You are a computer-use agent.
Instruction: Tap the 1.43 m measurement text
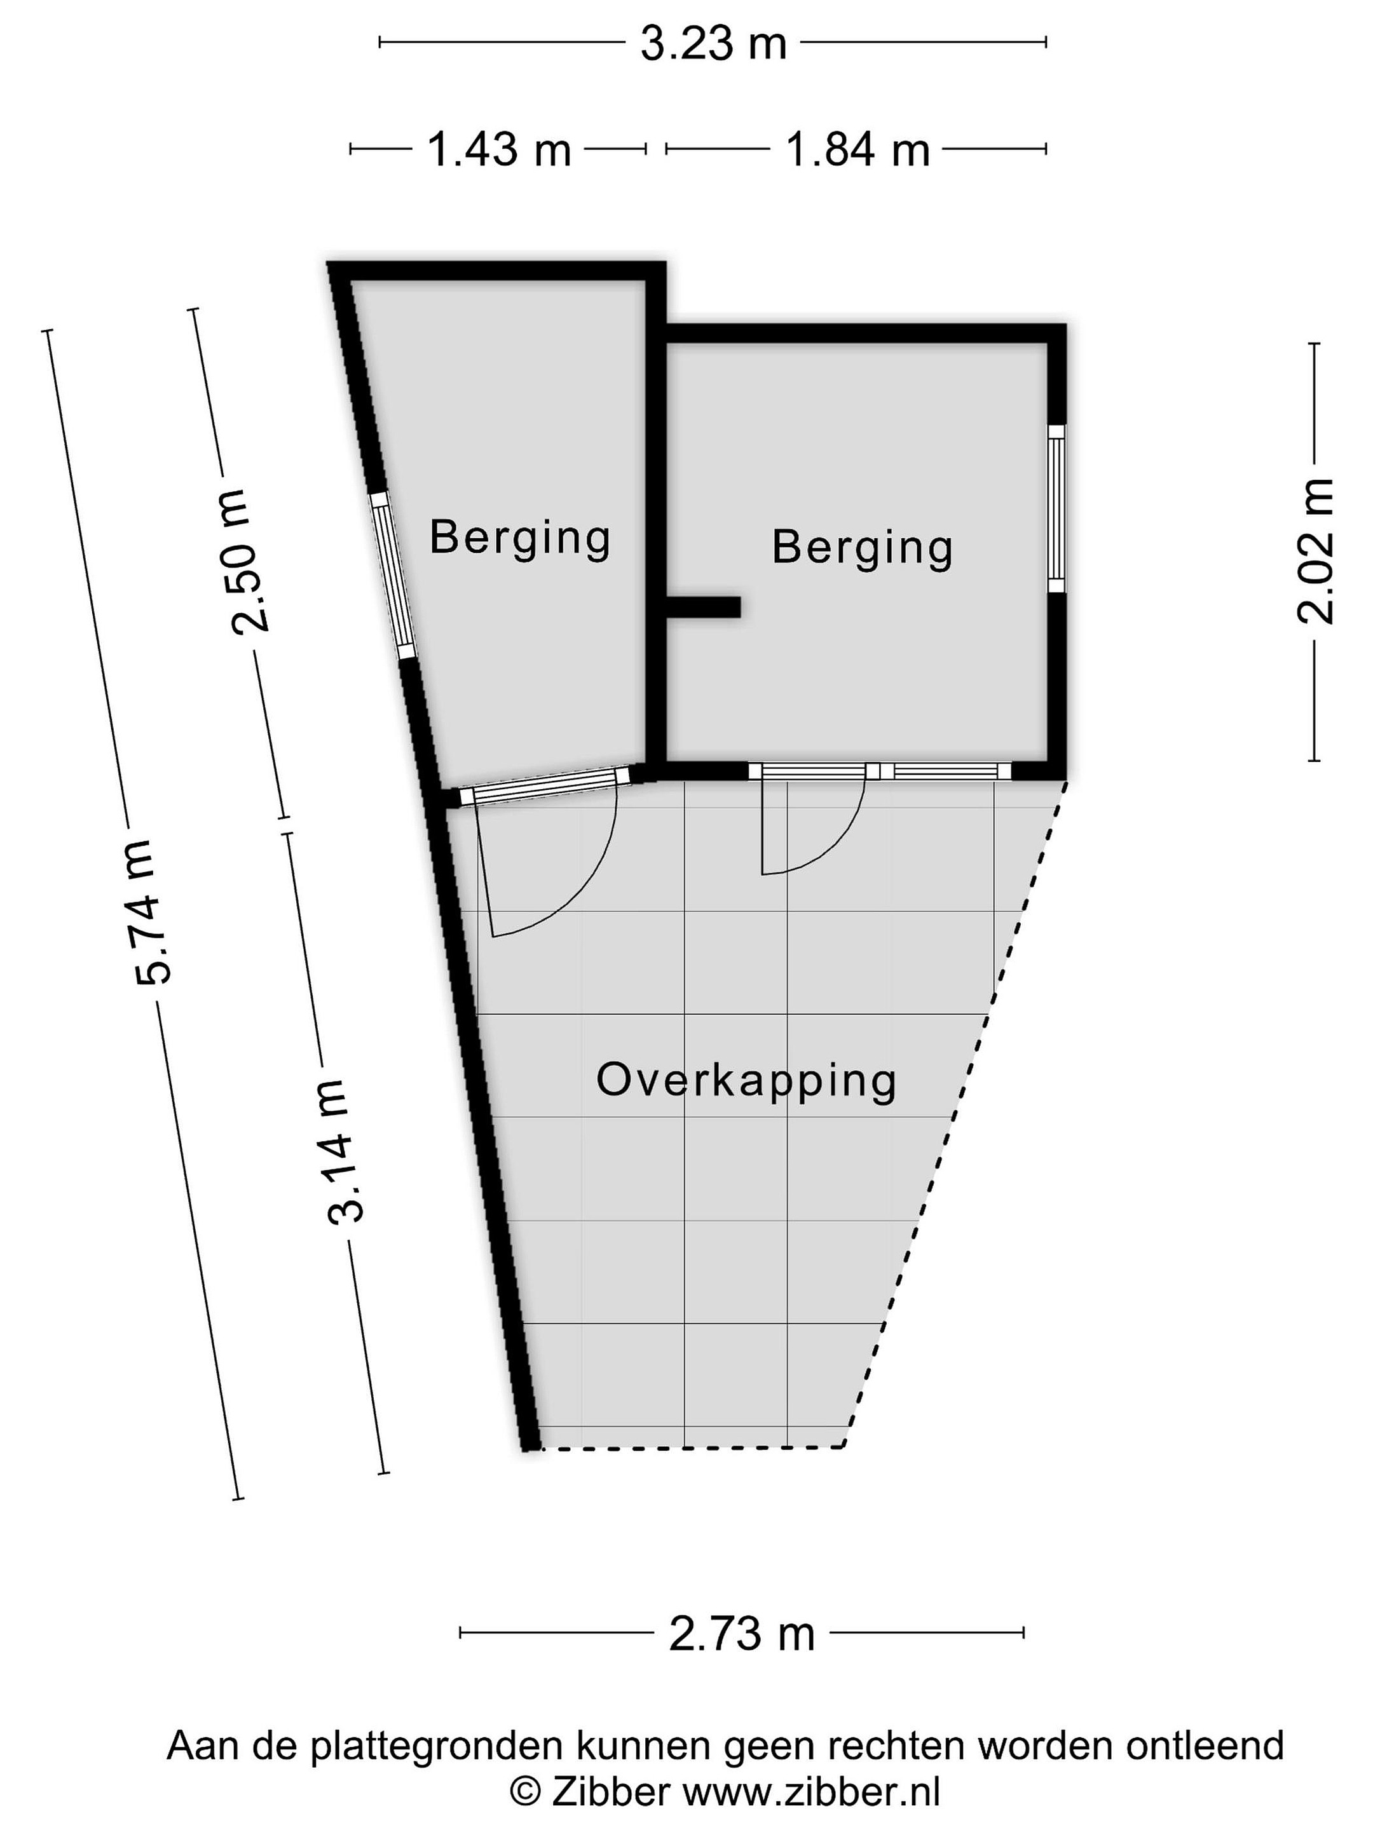point(499,150)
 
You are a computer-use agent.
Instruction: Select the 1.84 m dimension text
point(857,150)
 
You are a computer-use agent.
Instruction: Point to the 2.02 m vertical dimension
point(1315,551)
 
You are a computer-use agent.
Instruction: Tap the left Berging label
point(520,539)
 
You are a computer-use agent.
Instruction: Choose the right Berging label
point(863,548)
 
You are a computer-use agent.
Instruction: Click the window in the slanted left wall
point(392,575)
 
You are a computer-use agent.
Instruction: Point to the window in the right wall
point(1056,508)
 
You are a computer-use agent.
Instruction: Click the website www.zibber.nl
point(811,1793)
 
